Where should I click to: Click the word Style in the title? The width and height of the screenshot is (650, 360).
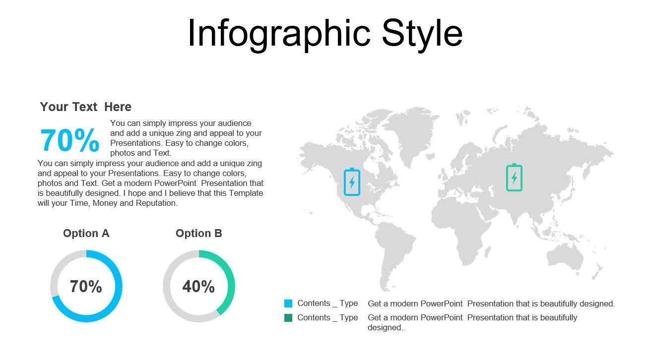coord(422,33)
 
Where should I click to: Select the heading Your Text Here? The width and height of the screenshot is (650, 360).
coord(86,107)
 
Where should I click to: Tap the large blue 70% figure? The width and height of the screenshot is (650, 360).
coord(70,140)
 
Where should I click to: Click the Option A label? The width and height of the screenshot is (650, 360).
coord(86,233)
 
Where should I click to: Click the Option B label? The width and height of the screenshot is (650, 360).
coord(199,233)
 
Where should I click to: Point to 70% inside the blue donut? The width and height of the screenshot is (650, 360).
coord(86,286)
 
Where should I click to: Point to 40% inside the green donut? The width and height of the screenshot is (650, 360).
coord(198,286)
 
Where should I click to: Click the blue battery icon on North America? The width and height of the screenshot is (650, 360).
coord(352,181)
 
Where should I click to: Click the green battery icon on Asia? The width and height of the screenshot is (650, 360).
coord(514,177)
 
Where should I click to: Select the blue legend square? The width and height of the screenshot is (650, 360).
coord(288,303)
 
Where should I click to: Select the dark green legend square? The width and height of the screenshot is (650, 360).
coord(288,318)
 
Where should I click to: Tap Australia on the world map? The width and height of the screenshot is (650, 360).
coord(564,257)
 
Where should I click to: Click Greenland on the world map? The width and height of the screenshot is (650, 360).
coord(412,130)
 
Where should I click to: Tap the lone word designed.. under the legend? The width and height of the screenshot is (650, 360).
coord(387,327)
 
